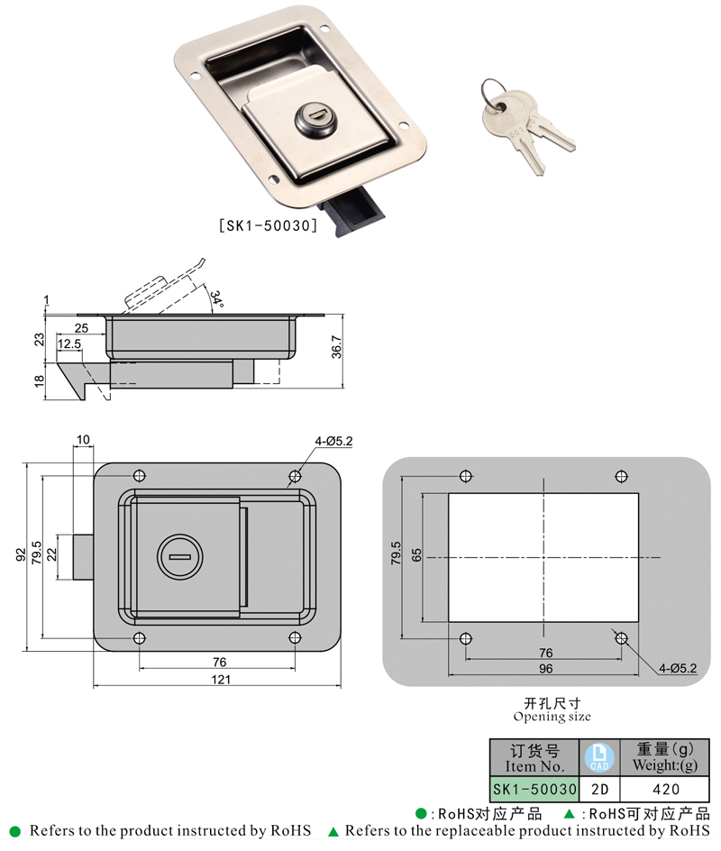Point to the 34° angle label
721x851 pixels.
[x=216, y=298]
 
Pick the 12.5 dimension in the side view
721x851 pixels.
[x=69, y=343]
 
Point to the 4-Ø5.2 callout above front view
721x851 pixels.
[x=333, y=441]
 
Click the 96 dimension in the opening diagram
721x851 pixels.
[x=545, y=669]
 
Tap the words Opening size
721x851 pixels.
[x=552, y=717]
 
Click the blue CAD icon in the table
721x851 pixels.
[x=599, y=757]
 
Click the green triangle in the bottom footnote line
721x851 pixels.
[x=333, y=830]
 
